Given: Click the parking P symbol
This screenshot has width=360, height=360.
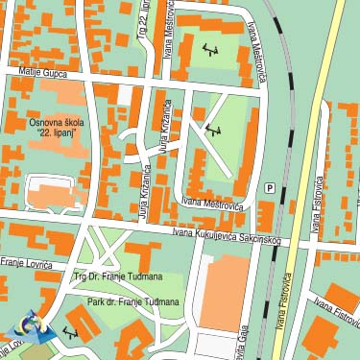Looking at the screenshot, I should [x=269, y=188].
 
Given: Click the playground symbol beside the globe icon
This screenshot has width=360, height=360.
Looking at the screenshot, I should [x=69, y=332].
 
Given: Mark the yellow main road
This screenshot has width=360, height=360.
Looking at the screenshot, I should [x=317, y=144].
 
